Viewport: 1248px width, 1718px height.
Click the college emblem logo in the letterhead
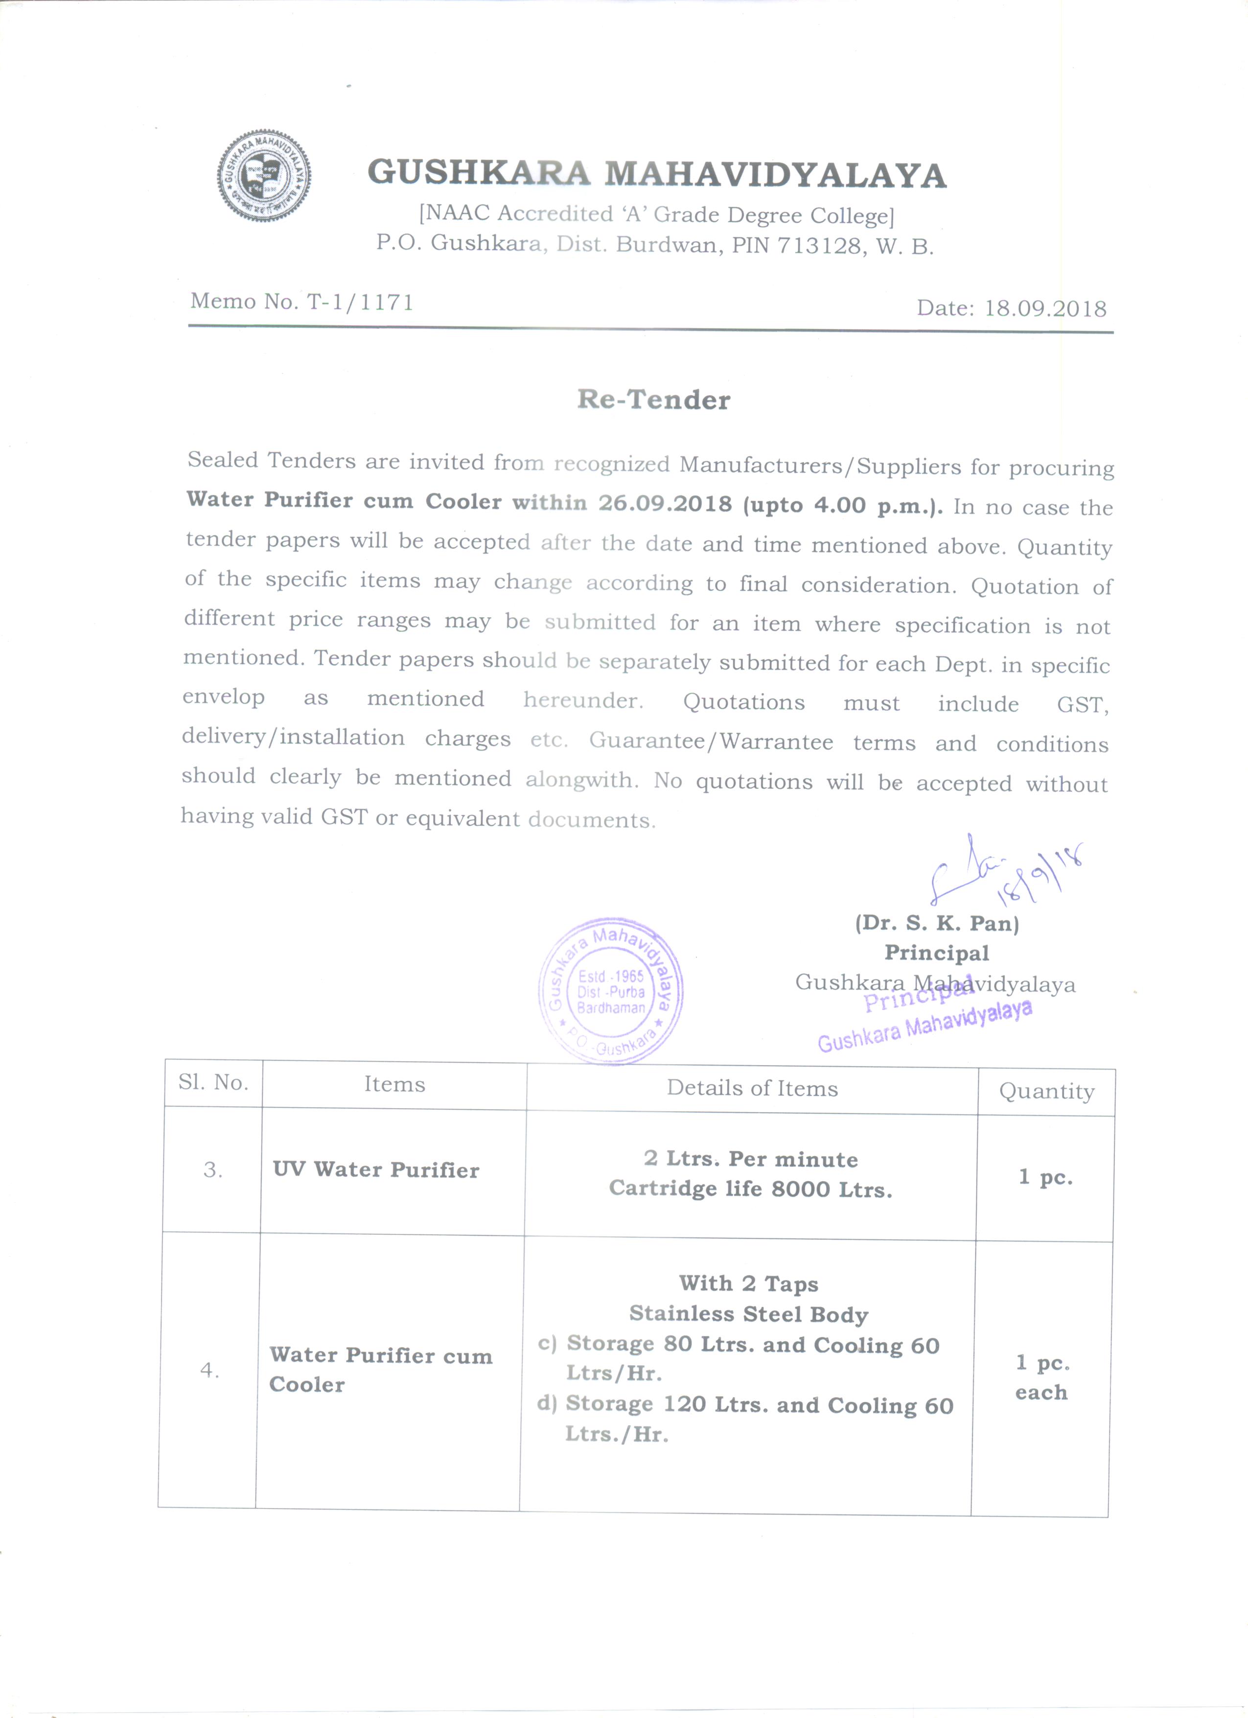tap(263, 176)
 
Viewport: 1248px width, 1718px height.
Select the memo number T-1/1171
tap(360, 302)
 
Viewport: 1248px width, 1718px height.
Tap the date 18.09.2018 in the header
tap(1045, 308)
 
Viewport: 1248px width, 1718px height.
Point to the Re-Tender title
tap(653, 400)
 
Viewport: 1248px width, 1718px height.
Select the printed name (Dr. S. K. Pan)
tap(937, 924)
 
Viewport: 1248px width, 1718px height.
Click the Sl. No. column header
tap(213, 1083)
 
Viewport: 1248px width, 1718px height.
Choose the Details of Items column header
tap(752, 1089)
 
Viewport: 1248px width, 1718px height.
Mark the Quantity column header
tap(1046, 1091)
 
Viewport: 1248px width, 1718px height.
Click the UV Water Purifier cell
tap(376, 1170)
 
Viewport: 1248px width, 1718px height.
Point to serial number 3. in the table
tap(213, 1170)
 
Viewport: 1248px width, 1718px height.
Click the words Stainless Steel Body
tap(748, 1314)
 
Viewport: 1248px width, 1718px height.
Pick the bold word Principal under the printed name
tap(937, 953)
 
